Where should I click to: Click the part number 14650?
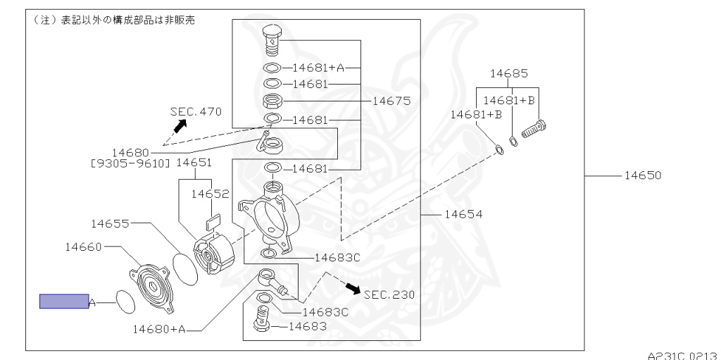coord(643,175)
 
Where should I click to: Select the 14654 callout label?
coord(464,214)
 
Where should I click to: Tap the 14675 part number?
coord(391,101)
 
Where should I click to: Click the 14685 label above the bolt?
coord(509,73)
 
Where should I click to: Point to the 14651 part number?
coord(194,162)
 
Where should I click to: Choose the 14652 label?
coord(210,194)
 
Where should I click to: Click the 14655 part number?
coord(111,224)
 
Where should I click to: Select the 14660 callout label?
coord(83,247)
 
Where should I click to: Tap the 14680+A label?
coord(159,329)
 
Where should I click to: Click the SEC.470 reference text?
coord(196,111)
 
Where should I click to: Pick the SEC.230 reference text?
coord(389,294)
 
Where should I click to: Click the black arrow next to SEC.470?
coord(181,125)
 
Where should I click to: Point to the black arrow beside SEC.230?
coord(353,288)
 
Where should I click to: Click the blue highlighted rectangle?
coord(64,301)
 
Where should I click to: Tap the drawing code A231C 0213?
coord(682,355)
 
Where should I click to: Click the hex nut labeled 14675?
coord(272,101)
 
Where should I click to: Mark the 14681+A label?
coord(318,68)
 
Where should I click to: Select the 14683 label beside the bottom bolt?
coord(308,326)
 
